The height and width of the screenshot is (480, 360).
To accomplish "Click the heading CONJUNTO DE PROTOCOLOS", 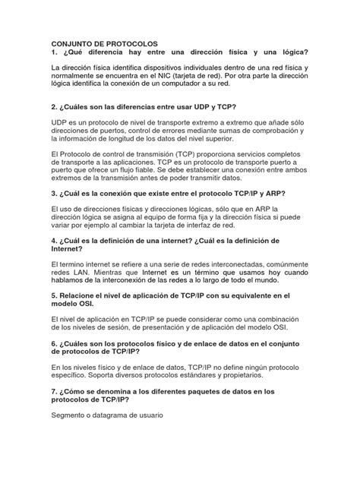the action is [99, 45].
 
